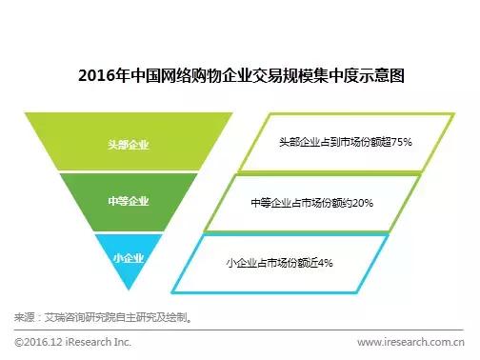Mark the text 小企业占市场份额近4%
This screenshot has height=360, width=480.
pyautogui.click(x=279, y=261)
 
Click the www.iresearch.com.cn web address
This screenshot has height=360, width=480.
pyautogui.click(x=410, y=341)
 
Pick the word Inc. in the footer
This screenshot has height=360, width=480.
pyautogui.click(x=124, y=341)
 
